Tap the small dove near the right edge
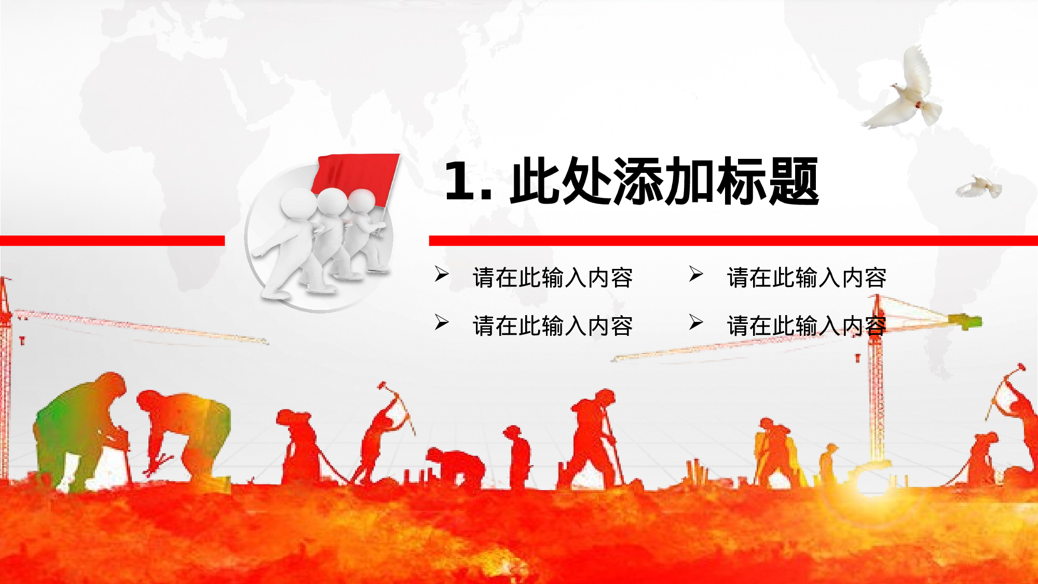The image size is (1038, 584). coord(980,187)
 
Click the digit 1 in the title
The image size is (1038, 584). coord(459,181)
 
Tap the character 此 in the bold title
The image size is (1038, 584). coord(536,181)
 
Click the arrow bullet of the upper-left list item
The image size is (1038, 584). coord(442,274)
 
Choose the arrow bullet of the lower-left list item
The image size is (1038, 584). coord(442,322)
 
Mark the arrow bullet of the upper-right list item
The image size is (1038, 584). coord(696,274)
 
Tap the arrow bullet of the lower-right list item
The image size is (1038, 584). coord(696,322)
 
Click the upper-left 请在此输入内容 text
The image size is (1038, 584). coord(553,278)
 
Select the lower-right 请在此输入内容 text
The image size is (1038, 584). coord(807,326)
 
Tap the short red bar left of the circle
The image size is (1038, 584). coord(112,240)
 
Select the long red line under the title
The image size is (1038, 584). coord(733,240)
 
